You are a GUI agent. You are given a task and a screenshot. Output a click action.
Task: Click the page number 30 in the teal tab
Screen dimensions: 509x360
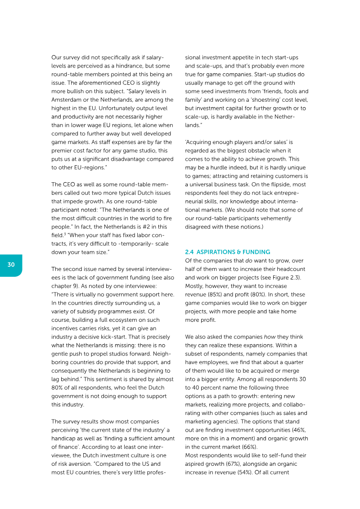[11, 265]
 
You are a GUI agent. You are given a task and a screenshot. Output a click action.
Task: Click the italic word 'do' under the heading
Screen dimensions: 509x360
[248, 261]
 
